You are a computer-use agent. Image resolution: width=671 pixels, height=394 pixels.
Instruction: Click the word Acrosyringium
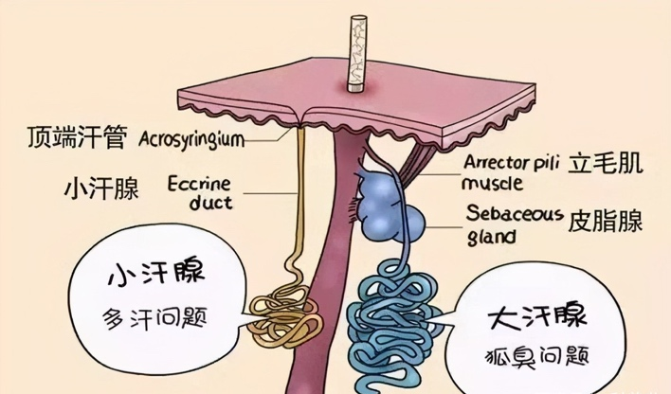[191, 140]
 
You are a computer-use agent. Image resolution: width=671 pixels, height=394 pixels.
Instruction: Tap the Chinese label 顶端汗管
[77, 137]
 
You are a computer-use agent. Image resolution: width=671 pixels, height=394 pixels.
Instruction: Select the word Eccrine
[199, 184]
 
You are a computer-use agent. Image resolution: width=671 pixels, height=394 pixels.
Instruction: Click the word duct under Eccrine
[211, 203]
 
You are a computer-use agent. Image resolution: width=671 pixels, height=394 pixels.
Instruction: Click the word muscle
[492, 184]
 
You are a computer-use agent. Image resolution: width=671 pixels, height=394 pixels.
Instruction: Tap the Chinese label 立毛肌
[605, 164]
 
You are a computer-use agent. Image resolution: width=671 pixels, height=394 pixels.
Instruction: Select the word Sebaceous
[515, 213]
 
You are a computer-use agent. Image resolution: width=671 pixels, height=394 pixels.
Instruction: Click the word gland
[491, 236]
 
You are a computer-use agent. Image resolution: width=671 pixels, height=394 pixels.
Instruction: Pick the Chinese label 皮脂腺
[605, 222]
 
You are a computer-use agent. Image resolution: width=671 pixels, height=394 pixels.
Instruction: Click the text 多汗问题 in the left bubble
[154, 318]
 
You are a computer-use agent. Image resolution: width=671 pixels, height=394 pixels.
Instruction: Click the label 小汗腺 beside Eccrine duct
[101, 188]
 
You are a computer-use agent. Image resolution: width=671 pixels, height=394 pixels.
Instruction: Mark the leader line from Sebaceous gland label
[444, 227]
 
